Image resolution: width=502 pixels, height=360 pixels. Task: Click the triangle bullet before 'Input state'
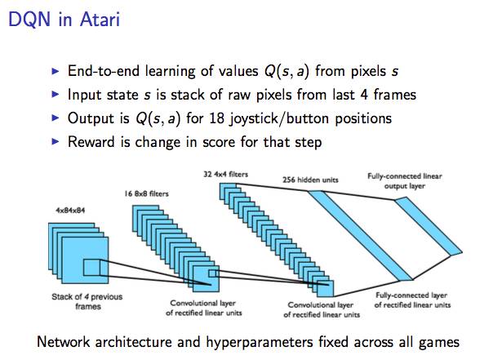coord(56,95)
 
